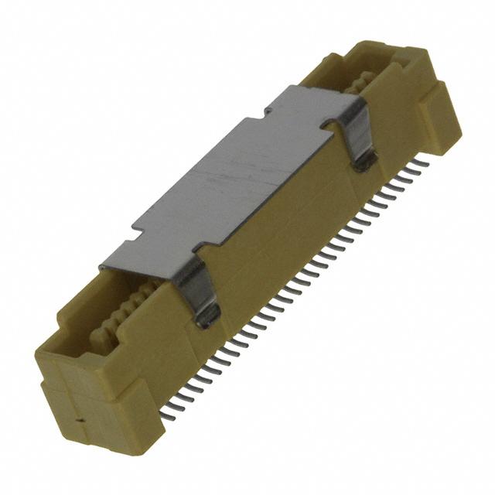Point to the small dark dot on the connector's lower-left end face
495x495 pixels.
point(79,422)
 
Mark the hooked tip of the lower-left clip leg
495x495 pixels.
point(207,315)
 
